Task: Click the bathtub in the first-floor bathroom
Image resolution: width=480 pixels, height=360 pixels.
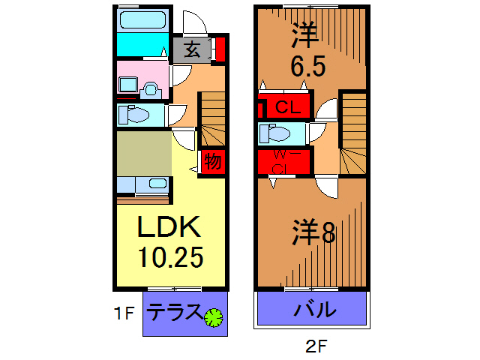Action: (143, 20)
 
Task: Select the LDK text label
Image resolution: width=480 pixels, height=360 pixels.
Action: (169, 226)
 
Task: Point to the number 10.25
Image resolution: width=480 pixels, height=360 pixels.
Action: (170, 257)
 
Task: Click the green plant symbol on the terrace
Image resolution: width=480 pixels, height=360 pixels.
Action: (213, 317)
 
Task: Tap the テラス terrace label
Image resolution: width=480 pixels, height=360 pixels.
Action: (174, 312)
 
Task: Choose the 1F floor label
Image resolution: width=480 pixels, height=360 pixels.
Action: (124, 313)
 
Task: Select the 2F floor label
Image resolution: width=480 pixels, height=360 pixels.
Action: (316, 346)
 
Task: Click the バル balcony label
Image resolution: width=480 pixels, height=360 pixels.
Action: (314, 310)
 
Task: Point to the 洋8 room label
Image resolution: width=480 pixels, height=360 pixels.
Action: (313, 232)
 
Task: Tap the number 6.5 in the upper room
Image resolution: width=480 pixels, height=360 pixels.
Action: (307, 67)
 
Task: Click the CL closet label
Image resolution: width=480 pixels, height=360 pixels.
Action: (288, 107)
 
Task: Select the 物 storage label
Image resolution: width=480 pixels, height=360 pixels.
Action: (213, 161)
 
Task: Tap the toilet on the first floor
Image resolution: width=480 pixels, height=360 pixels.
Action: (133, 115)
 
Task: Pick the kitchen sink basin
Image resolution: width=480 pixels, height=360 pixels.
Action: (158, 183)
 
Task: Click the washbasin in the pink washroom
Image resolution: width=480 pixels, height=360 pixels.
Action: (128, 85)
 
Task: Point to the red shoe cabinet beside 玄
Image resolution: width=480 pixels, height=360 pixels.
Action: (220, 49)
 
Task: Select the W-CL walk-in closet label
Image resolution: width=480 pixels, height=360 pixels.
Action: (283, 162)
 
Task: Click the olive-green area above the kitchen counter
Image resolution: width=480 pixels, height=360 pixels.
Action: (144, 154)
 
